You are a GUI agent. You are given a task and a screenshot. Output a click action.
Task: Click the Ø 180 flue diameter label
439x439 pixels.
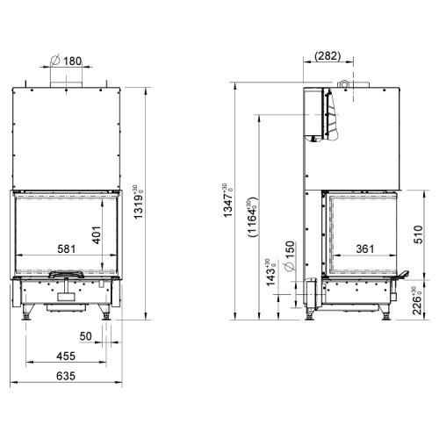click(x=66, y=61)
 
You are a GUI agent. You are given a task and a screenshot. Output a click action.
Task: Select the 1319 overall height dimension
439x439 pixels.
click(x=138, y=202)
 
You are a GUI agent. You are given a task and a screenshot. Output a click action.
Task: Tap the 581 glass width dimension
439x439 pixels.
click(x=67, y=249)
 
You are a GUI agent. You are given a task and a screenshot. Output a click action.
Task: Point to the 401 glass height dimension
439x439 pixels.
click(x=97, y=235)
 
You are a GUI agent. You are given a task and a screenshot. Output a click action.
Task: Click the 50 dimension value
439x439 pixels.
click(x=85, y=336)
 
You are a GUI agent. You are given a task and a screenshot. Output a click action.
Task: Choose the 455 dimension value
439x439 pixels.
click(x=66, y=356)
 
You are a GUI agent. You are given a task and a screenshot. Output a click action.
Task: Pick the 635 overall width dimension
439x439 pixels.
click(x=66, y=376)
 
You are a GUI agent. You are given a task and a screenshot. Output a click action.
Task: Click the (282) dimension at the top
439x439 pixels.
click(x=327, y=56)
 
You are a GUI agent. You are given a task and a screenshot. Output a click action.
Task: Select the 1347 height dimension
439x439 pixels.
click(x=227, y=200)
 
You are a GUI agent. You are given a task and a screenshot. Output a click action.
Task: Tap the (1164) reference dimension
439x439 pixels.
click(x=252, y=217)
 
